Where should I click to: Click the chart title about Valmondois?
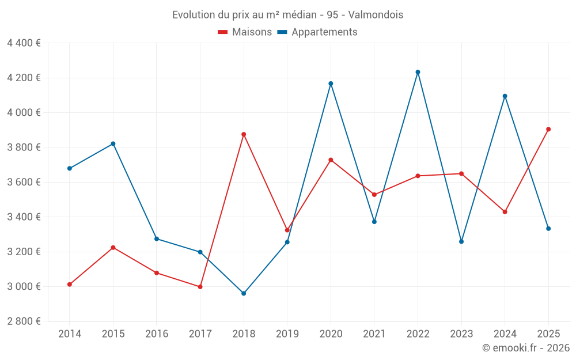click(287, 14)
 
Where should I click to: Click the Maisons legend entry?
click(245, 32)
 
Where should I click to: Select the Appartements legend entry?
click(317, 32)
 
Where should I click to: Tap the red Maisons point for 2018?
click(244, 134)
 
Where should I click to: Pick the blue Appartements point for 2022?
click(418, 72)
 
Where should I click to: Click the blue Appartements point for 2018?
click(244, 293)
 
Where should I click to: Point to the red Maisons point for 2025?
click(548, 129)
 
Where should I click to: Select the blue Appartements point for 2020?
click(331, 84)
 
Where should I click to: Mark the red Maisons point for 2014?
click(70, 284)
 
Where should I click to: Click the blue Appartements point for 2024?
click(505, 96)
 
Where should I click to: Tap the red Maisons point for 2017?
click(200, 286)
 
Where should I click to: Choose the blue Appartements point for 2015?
click(113, 143)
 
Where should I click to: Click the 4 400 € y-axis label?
click(24, 43)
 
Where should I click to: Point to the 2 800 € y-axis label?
click(24, 321)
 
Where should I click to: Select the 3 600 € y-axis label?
click(24, 182)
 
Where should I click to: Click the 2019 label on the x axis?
click(287, 334)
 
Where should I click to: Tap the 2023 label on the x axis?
click(461, 334)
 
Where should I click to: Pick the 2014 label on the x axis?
click(70, 334)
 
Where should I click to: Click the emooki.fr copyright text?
click(525, 348)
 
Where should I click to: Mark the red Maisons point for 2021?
click(374, 195)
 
